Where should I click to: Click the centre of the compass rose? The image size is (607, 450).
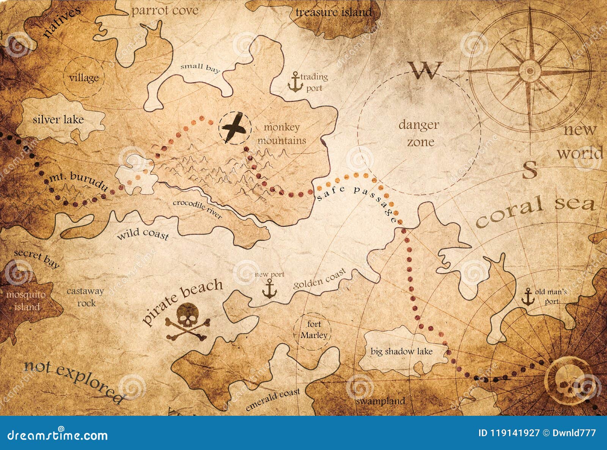pos(530,71)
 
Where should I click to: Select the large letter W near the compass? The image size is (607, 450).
pos(426,70)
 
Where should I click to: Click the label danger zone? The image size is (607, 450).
pos(419,133)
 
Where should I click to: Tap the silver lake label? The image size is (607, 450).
pos(58,120)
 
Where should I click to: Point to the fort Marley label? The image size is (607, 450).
pos(314,330)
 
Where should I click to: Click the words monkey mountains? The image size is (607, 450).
pos(282,134)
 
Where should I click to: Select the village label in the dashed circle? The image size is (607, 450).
pos(84,78)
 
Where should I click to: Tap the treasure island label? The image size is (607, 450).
pos(333,12)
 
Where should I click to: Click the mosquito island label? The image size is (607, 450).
pos(26,300)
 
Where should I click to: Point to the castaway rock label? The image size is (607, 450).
pos(85,297)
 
